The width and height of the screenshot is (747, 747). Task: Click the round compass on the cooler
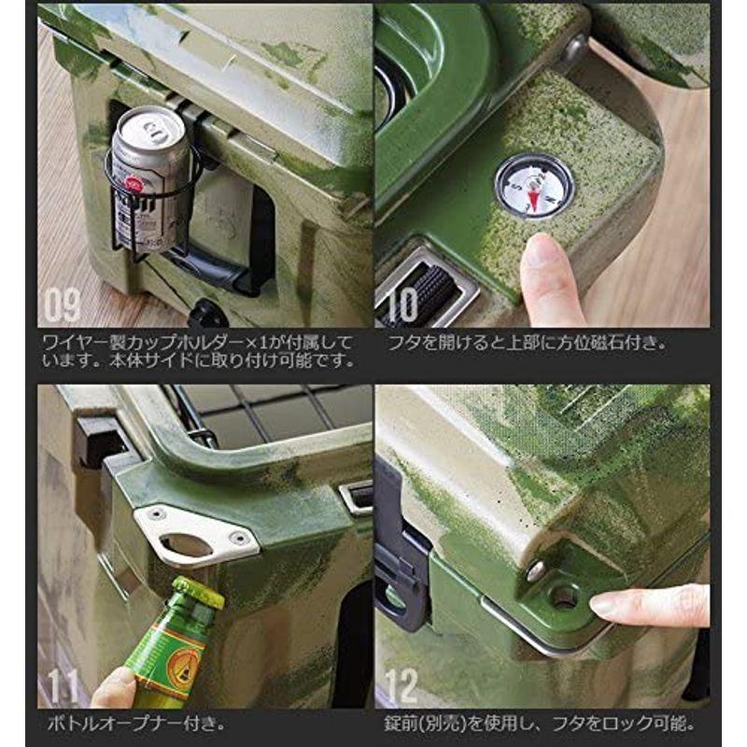click(x=534, y=187)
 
